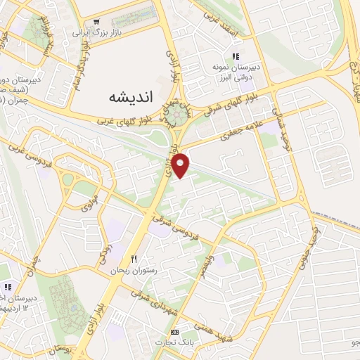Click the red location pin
[x=181, y=164]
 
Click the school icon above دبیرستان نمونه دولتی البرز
[x=236, y=56]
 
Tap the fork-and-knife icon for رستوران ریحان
[x=132, y=258]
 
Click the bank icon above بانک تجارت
[x=174, y=331]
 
